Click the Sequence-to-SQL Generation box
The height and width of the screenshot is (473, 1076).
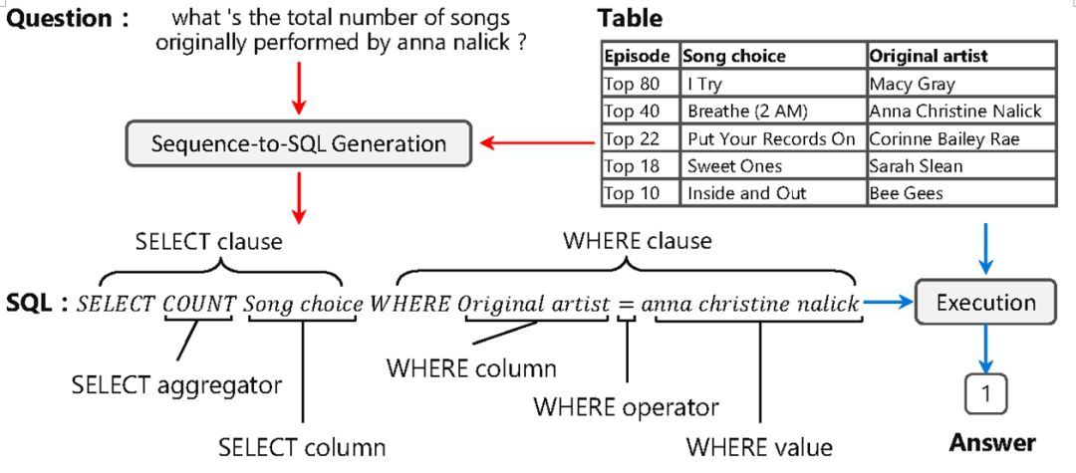coord(299,143)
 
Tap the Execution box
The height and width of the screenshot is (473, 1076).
coord(985,302)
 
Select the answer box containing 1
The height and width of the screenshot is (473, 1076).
coord(985,394)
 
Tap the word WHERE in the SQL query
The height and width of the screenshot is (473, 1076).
coord(410,305)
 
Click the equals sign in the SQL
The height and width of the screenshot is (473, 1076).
coord(626,305)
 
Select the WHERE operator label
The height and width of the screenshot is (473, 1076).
coord(626,406)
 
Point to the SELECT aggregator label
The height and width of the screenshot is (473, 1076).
coord(176,384)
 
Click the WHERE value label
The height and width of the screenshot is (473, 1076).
coord(759,445)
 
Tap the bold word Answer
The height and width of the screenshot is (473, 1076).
coord(991,442)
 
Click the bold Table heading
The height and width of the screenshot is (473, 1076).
coord(630,18)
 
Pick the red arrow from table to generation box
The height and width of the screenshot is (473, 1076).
coord(538,143)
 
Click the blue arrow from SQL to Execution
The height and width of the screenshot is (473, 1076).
coord(888,303)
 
